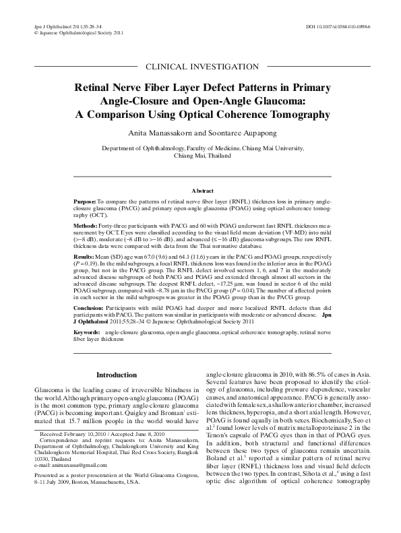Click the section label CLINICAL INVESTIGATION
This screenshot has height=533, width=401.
click(200, 66)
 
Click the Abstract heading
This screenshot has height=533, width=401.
click(200, 191)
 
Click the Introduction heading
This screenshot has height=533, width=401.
click(117, 375)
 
